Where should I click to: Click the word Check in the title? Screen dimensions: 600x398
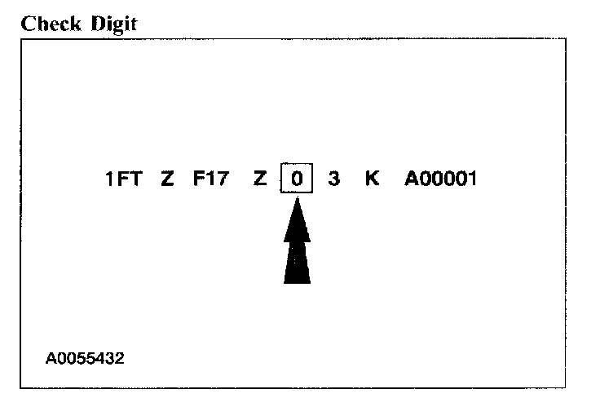tap(51, 24)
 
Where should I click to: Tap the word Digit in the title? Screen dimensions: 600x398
tap(112, 24)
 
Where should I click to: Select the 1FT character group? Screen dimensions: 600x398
tap(124, 179)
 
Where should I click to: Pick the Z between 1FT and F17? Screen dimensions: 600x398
tap(167, 179)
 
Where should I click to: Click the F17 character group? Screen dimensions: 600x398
tap(210, 179)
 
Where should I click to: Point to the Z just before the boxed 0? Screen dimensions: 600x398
tap(260, 179)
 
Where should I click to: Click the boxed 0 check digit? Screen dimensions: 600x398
tap(297, 179)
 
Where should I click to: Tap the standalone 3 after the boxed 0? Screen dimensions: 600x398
tap(333, 179)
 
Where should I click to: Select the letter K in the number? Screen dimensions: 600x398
tap(372, 179)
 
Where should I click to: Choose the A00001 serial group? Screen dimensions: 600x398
tap(440, 179)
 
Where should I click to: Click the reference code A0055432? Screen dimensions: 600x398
tap(86, 357)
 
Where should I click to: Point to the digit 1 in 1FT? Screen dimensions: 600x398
tap(110, 179)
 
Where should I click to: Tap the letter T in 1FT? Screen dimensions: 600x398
tap(136, 179)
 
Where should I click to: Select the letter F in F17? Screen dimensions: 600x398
tap(199, 179)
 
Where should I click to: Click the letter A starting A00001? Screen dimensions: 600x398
tap(412, 179)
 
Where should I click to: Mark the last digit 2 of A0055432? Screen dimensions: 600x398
tap(120, 357)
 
